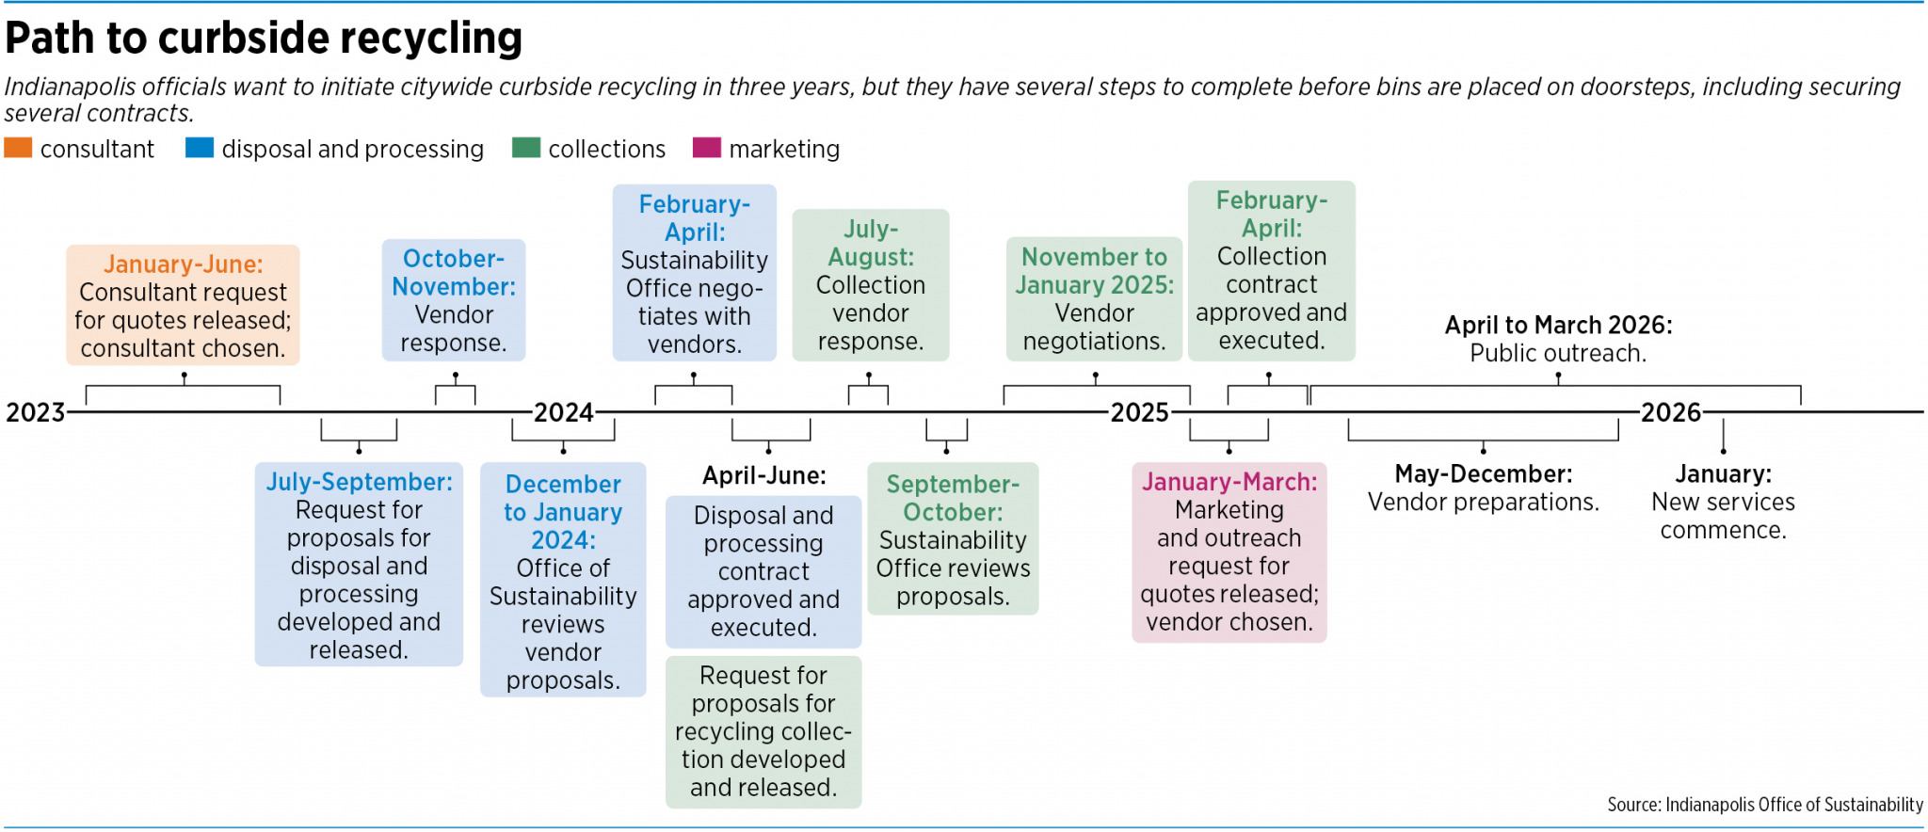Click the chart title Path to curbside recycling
pos(264,39)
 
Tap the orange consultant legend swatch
pos(18,148)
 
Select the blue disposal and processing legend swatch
pos(200,148)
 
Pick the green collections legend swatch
pos(525,148)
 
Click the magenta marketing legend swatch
pos(706,148)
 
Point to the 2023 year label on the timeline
pos(35,412)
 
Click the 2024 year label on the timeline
pos(563,412)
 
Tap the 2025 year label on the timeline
pos(1139,412)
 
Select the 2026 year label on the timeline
pos(1670,412)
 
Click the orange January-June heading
pos(183,264)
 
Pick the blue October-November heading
pos(454,272)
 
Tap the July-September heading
pos(359,482)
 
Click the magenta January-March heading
pos(1229,482)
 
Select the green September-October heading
pos(953,498)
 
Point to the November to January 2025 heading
pos(1094,270)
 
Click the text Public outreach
pos(1558,354)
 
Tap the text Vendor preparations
pos(1483,503)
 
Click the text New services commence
pos(1723,516)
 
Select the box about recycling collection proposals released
pos(763,731)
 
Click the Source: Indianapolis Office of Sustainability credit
pos(1764,805)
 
